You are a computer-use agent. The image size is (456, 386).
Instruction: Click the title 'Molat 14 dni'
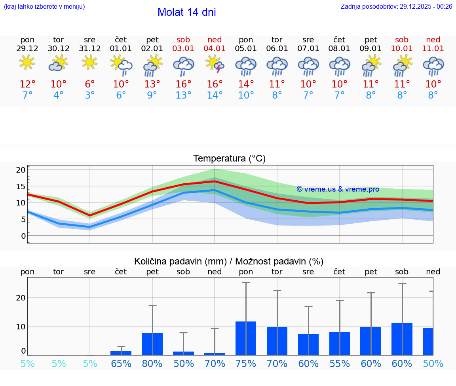point(186,12)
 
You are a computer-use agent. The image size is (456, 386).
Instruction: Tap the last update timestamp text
point(396,6)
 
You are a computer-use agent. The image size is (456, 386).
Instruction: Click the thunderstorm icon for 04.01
point(215,64)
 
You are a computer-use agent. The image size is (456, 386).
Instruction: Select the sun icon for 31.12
point(89,62)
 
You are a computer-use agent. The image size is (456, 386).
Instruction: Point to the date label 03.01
point(183,49)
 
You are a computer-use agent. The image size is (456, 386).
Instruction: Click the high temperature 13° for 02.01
point(152,84)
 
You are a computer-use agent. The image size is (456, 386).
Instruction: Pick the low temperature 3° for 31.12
point(90,95)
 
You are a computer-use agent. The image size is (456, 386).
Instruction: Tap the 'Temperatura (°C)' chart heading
point(229,158)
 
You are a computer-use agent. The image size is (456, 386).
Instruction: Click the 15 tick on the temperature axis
point(21,186)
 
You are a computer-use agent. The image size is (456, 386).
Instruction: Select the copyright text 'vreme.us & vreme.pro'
point(338,189)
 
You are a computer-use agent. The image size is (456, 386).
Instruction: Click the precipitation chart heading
point(229,261)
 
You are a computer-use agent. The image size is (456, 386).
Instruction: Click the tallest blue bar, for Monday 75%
point(246,338)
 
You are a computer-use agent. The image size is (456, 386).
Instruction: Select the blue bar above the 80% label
point(152,344)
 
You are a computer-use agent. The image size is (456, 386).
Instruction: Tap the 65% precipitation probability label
point(121,364)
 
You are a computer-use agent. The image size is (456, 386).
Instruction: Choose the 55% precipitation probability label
point(340,364)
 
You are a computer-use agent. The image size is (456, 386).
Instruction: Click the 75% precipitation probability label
point(246,364)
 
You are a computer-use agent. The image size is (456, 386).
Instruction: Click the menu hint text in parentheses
point(44,6)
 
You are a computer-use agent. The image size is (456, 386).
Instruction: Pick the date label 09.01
point(371,49)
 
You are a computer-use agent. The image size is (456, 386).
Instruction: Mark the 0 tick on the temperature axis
point(23,236)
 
